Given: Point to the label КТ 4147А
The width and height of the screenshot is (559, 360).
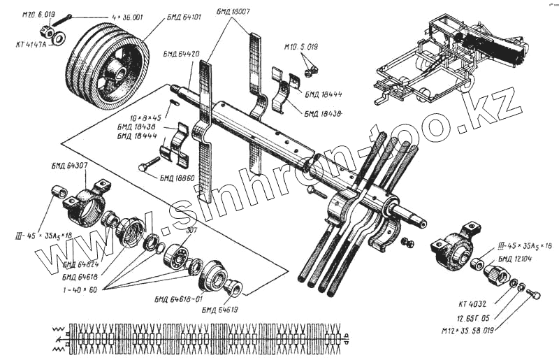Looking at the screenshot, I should [x=30, y=44].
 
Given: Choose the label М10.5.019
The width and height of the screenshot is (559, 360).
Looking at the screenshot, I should [x=300, y=48].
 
